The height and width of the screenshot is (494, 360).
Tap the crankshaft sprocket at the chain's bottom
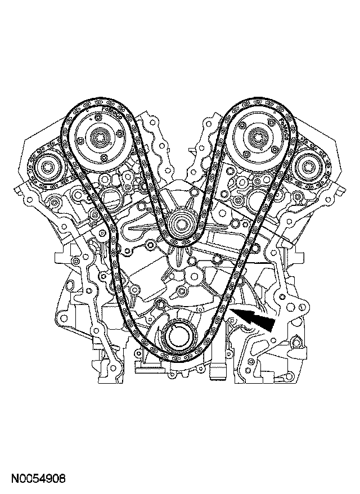177,339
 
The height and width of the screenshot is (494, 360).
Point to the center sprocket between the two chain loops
182,224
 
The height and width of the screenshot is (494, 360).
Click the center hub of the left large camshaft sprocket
101,137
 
